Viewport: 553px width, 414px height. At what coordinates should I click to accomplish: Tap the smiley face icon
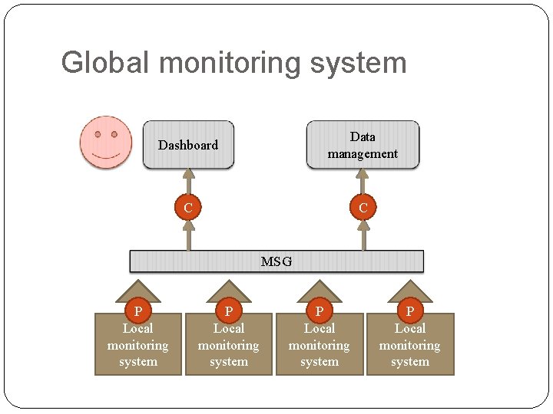coord(106,143)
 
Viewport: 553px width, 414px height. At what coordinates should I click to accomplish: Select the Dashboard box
coord(188,145)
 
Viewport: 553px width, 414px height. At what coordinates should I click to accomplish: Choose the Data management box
coord(363,145)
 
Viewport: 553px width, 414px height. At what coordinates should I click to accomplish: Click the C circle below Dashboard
coord(187,208)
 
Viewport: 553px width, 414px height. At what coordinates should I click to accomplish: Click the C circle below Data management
coord(363,208)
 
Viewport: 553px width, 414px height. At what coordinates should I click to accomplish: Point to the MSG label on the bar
coord(276,261)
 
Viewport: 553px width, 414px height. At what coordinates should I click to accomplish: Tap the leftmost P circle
coord(138,311)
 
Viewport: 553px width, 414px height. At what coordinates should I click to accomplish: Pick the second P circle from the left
coord(228,311)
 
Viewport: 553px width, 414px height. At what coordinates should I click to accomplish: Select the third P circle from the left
coord(320,311)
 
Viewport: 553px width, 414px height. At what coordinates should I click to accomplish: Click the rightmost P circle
coord(409,311)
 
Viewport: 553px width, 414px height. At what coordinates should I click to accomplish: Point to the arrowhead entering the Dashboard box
coord(187,173)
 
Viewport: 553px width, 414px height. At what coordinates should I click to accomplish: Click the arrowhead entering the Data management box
coord(363,173)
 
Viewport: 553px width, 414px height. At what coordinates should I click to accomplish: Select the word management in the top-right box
coord(363,154)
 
